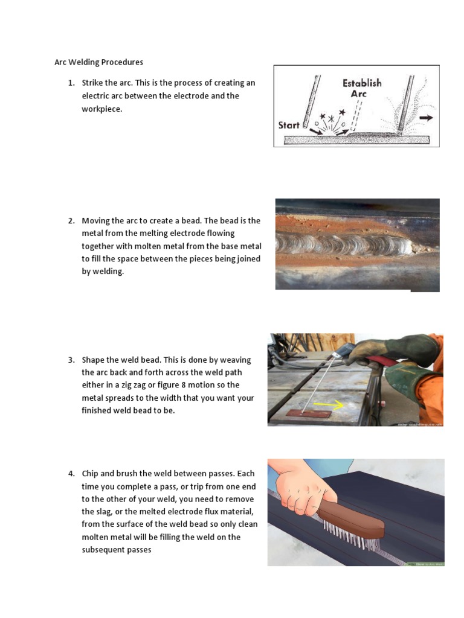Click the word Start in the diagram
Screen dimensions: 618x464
(289, 126)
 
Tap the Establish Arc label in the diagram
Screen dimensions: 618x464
(362, 88)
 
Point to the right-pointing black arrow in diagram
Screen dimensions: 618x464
(425, 118)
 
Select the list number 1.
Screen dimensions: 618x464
(71, 83)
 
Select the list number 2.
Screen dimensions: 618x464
(71, 221)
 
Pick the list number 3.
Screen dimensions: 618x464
(71, 360)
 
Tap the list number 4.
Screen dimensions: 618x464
(71, 473)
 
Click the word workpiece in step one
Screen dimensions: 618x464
(102, 109)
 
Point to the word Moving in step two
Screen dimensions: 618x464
(95, 221)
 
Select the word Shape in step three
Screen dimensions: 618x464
(94, 360)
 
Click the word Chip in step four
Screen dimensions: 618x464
(91, 473)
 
